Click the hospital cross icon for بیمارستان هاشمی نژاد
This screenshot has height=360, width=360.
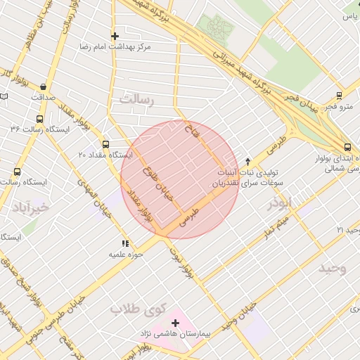click(x=175, y=322)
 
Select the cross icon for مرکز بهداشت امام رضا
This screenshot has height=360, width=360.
click(x=115, y=35)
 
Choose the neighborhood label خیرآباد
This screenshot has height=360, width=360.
click(x=32, y=207)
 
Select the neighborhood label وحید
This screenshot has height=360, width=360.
click(x=333, y=268)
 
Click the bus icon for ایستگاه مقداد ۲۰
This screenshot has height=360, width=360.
click(x=106, y=143)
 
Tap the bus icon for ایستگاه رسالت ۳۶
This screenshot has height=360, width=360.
click(x=39, y=119)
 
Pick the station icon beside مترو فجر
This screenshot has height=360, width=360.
click(x=340, y=96)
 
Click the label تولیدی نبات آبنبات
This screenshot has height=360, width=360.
click(x=256, y=172)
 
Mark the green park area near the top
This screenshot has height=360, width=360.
click(x=217, y=27)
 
